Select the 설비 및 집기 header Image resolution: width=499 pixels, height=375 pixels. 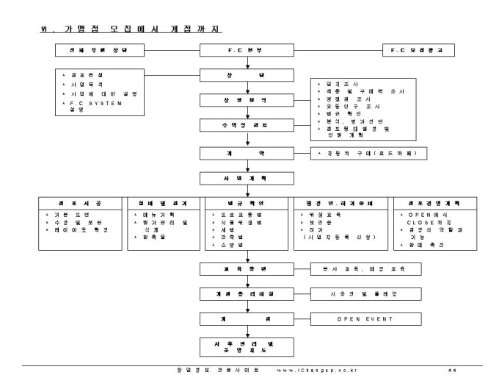[161, 204]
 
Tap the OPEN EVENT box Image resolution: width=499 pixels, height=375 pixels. [365, 320]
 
